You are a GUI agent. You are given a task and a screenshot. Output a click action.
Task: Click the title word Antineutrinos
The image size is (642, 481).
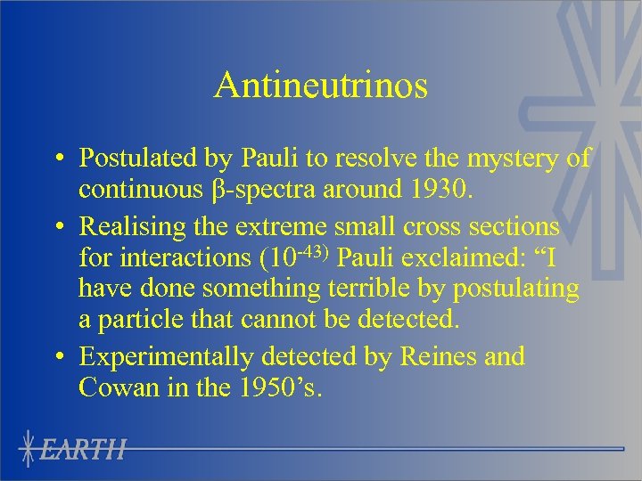coord(321,86)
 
